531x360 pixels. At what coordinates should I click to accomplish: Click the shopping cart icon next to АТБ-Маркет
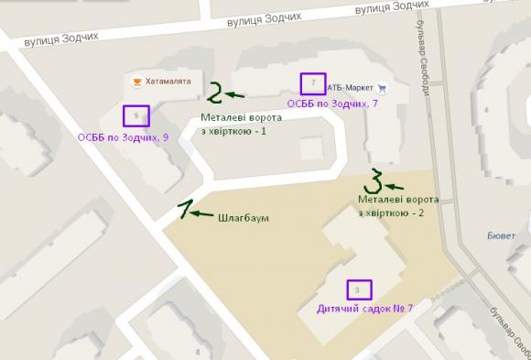tap(382, 88)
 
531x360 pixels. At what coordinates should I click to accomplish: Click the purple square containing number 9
tap(136, 116)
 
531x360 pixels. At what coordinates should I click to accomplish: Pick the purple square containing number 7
tap(313, 84)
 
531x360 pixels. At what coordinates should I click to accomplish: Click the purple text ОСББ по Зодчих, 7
tap(333, 104)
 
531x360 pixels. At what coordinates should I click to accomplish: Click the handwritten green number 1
tap(186, 210)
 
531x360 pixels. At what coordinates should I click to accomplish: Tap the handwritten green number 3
tap(374, 179)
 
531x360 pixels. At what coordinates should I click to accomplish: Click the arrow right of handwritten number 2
tap(237, 94)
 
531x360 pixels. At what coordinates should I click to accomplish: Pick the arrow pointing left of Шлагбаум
tap(203, 214)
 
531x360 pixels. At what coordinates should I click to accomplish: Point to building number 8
tap(198, 352)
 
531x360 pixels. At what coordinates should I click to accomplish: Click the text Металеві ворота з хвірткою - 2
tap(398, 206)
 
